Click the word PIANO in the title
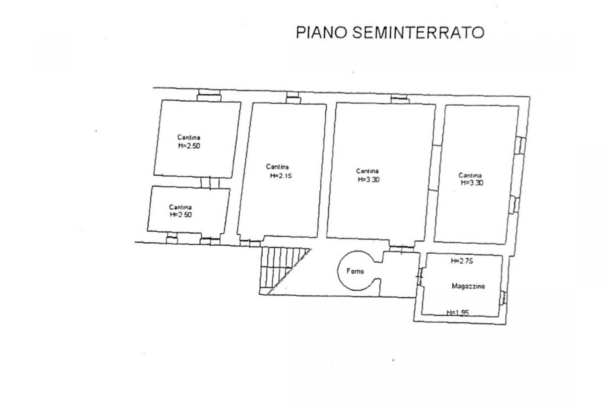321,33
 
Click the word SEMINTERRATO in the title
418,33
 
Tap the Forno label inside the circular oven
355,271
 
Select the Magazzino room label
468,286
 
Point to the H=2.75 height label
462,261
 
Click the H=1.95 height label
458,313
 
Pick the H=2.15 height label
280,176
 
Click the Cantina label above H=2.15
277,167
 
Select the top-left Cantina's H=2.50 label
189,146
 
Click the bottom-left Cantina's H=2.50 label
181,214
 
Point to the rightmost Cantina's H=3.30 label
472,182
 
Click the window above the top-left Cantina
209,95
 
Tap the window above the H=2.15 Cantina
293,98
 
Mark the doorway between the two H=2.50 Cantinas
210,182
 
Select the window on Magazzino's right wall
503,298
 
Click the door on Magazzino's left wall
420,277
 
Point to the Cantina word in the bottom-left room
180,207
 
